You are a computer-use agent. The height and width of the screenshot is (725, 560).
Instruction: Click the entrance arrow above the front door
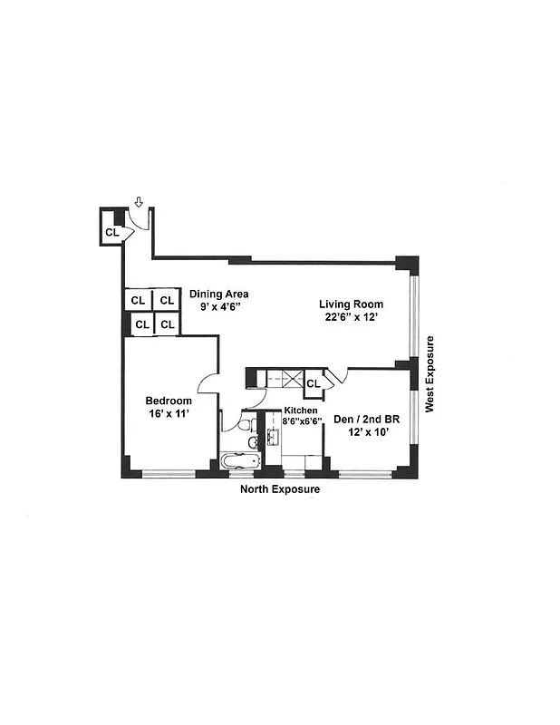(138, 201)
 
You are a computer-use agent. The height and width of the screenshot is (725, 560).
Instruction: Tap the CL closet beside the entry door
(111, 232)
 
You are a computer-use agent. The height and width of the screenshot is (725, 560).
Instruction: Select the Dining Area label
(218, 294)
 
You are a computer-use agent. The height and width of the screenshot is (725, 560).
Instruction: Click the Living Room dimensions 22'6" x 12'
(351, 317)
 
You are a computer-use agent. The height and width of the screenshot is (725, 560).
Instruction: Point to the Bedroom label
(169, 401)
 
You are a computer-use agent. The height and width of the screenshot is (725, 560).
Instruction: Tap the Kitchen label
(290, 411)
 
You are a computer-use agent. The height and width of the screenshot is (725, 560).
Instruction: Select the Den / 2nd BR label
(367, 419)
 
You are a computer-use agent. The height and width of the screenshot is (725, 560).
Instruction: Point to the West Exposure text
(430, 374)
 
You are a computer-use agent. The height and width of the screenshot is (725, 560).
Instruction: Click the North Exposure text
(280, 489)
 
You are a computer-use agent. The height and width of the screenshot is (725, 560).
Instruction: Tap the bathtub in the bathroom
(240, 459)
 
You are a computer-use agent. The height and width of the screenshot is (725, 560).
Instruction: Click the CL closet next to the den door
(313, 383)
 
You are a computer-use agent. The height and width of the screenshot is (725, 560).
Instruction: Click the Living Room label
(351, 304)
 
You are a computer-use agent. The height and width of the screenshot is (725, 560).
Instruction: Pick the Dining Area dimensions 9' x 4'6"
(218, 306)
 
